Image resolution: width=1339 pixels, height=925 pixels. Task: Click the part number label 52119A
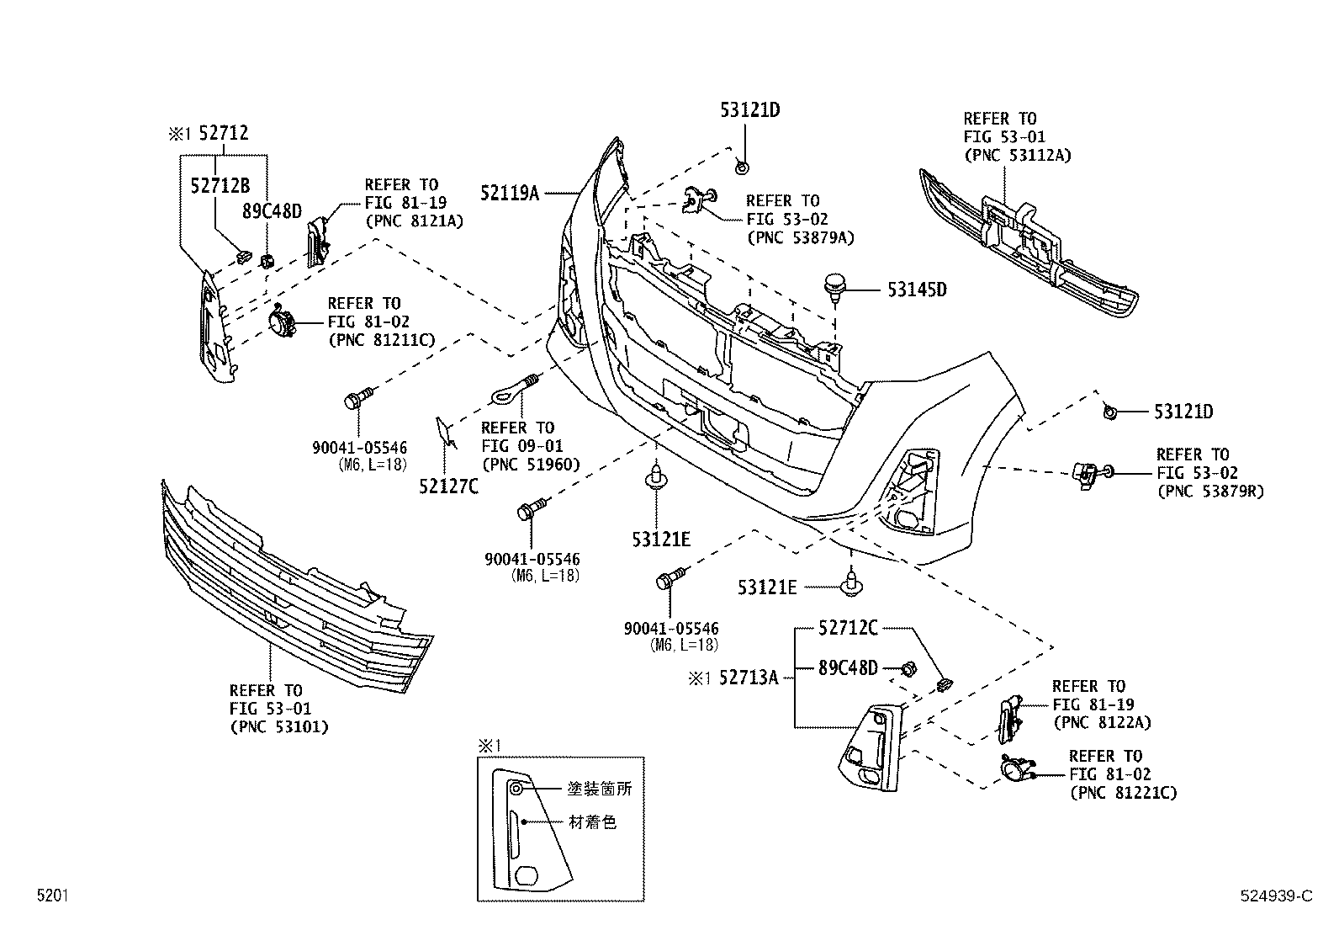(x=509, y=193)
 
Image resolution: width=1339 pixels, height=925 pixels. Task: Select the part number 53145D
(x=917, y=290)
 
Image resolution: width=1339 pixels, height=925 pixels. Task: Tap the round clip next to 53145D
(x=834, y=286)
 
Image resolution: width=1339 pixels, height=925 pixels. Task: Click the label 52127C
(x=448, y=486)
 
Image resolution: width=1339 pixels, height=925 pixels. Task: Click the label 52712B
(x=220, y=186)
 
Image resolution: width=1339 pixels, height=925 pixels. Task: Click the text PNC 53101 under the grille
(x=278, y=726)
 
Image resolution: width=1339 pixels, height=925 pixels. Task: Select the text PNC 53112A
(x=1018, y=155)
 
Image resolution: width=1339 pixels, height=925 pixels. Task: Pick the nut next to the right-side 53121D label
(x=1109, y=412)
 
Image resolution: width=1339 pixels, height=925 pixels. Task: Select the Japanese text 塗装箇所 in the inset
(x=599, y=789)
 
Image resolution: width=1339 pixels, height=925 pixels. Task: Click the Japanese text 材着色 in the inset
(x=592, y=821)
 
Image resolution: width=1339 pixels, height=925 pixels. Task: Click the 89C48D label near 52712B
(x=272, y=210)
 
